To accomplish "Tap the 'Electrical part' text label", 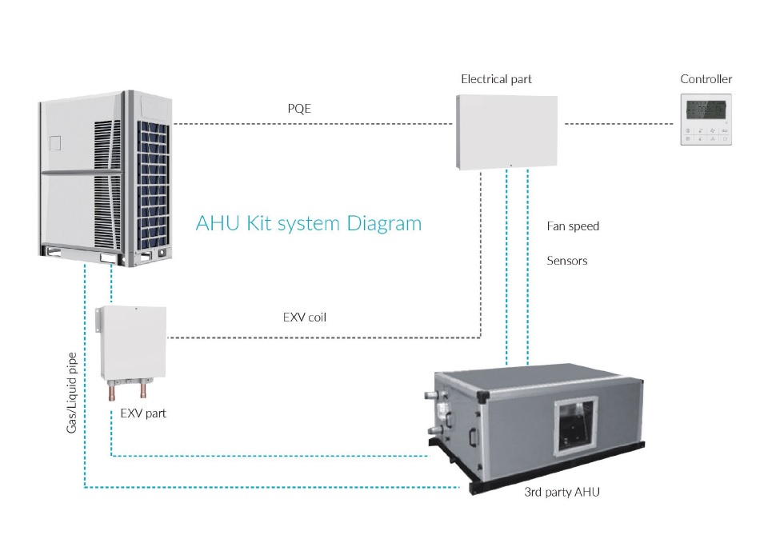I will pos(496,79).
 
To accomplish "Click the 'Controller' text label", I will pos(706,79).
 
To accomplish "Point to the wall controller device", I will pos(706,119).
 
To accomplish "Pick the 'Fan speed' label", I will pos(573,226).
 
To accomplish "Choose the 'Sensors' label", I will pos(567,261).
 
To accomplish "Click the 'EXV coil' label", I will pos(305,317).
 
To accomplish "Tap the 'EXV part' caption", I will pos(143,413).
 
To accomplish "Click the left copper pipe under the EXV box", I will pos(114,392).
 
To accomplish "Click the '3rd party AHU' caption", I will pos(559,492).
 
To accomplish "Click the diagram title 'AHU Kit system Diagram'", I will pos(308,223).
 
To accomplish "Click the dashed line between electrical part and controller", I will pos(619,124).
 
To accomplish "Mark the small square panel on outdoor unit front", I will pos(54,144).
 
